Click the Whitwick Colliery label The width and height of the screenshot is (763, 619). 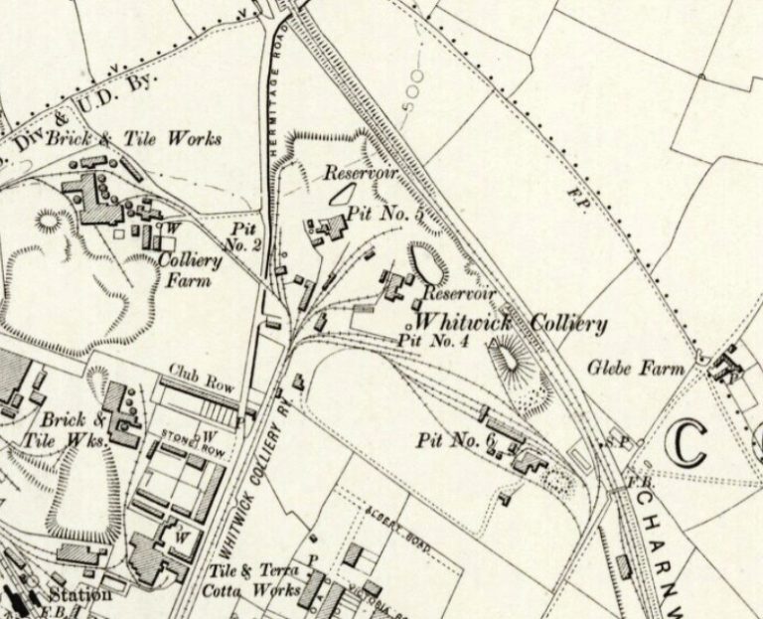pyautogui.click(x=509, y=324)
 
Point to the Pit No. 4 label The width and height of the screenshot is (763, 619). pyautogui.click(x=432, y=341)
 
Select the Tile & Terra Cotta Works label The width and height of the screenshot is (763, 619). pyautogui.click(x=256, y=575)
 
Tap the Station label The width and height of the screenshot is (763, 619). pyautogui.click(x=82, y=595)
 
